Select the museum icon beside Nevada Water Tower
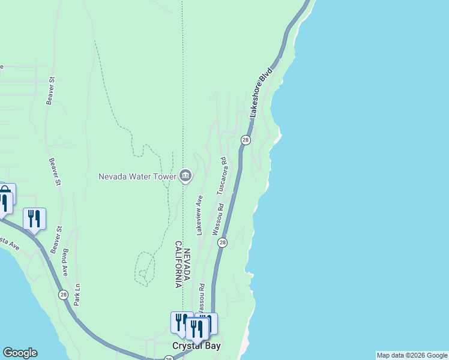185,176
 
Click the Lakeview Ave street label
199,215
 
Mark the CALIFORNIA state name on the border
178,265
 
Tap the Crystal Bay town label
196,346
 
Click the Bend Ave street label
65,262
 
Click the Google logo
20,353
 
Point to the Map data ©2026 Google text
412,355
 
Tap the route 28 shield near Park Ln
63,294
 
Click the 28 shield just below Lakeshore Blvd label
245,139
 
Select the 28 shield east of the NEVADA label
222,242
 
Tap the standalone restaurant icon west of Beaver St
34,218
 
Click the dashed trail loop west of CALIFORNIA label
145,268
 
